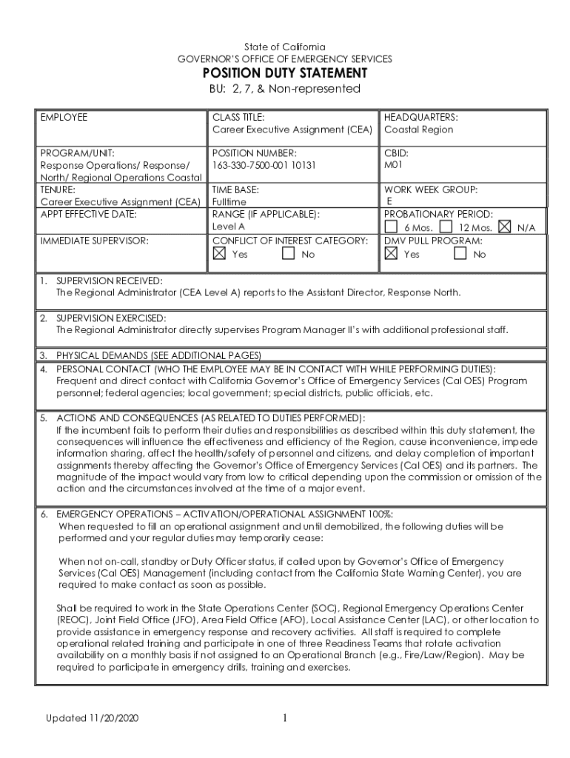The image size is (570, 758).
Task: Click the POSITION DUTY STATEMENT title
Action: click(x=285, y=73)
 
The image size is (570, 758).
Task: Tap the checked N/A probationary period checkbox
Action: click(x=506, y=227)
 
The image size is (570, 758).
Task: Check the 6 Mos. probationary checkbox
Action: click(x=391, y=227)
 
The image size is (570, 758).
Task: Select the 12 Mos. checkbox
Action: click(x=446, y=227)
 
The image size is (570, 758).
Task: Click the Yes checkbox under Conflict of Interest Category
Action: click(x=219, y=253)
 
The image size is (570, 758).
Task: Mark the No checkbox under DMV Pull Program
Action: click(x=460, y=253)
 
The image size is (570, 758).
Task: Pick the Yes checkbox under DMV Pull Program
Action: click(x=391, y=253)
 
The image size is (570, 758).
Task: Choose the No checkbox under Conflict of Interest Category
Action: click(x=289, y=253)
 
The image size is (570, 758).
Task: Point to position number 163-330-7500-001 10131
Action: click(x=264, y=165)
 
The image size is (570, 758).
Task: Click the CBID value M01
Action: click(x=393, y=165)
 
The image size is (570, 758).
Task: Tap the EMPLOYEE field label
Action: click(x=64, y=117)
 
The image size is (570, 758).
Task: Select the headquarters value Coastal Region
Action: click(x=418, y=130)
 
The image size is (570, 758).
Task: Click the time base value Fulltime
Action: click(x=229, y=201)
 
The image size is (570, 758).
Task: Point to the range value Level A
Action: click(x=229, y=227)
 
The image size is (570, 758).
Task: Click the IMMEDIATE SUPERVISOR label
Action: click(x=95, y=241)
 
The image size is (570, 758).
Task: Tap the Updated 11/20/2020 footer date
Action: click(x=93, y=719)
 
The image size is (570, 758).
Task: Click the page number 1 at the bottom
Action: click(x=284, y=718)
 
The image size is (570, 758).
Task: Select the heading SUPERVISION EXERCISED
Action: click(x=111, y=318)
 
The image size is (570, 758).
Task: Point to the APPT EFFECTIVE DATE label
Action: click(x=90, y=214)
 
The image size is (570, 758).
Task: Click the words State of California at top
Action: click(x=285, y=47)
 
